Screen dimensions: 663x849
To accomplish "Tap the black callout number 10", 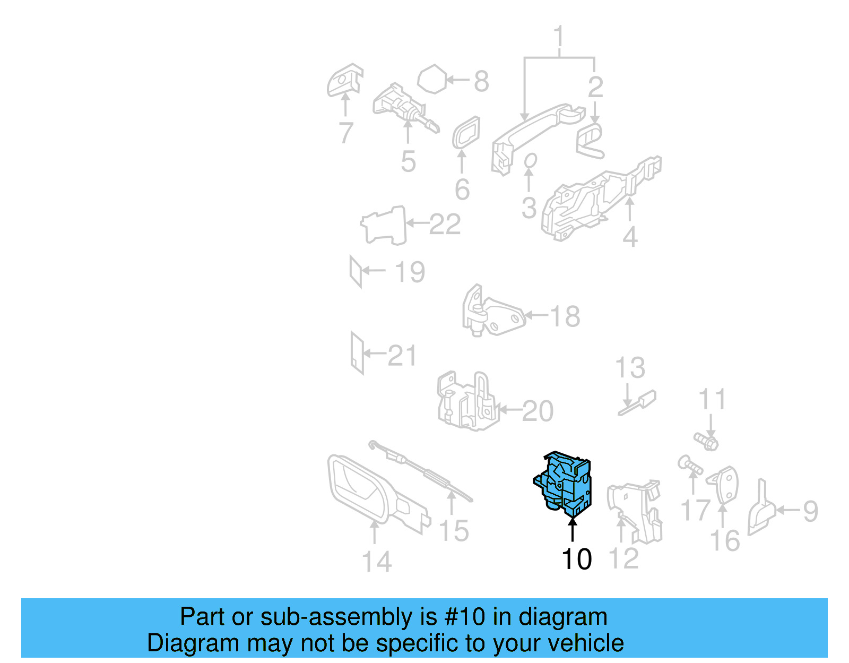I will (576, 559).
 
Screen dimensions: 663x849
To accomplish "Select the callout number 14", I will (376, 562).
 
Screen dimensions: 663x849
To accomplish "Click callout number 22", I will (445, 225).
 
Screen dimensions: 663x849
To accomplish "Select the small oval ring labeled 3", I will (530, 160).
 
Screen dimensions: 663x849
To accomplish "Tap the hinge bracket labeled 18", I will (493, 313).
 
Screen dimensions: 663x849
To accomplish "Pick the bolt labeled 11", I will (706, 441).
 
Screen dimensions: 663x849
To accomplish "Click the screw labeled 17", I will (690, 465).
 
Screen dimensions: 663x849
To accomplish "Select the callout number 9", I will (810, 511).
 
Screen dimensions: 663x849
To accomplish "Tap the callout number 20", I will (538, 411).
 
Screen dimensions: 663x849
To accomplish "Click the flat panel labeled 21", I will (357, 353).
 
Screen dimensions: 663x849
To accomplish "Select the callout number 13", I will (630, 368).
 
